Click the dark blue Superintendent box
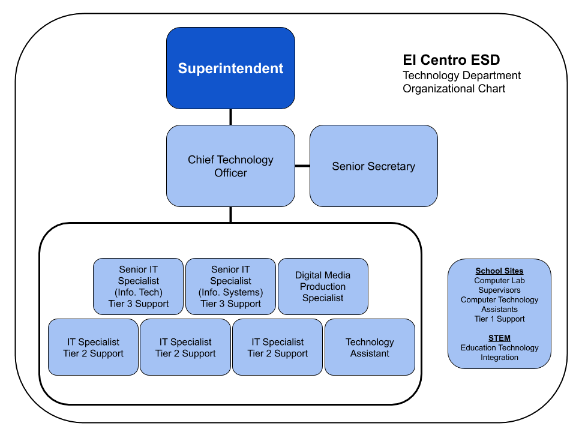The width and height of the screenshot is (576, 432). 230,68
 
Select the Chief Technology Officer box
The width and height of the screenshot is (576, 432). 230,166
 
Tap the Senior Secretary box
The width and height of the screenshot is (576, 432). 373,166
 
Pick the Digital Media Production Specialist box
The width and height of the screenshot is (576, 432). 323,287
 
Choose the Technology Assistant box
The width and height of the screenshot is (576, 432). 370,348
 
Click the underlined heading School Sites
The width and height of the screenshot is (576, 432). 499,271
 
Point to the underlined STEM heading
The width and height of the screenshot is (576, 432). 499,338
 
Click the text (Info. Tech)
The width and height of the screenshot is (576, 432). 138,292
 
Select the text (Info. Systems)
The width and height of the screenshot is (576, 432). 230,292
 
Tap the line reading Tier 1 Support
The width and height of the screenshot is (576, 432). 499,319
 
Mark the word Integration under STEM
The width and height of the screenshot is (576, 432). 499,358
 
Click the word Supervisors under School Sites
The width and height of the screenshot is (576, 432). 499,290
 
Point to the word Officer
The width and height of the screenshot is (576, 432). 230,173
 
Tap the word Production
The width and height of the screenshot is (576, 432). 323,287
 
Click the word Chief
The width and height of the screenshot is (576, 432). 201,160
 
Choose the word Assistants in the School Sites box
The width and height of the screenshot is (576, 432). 499,310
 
